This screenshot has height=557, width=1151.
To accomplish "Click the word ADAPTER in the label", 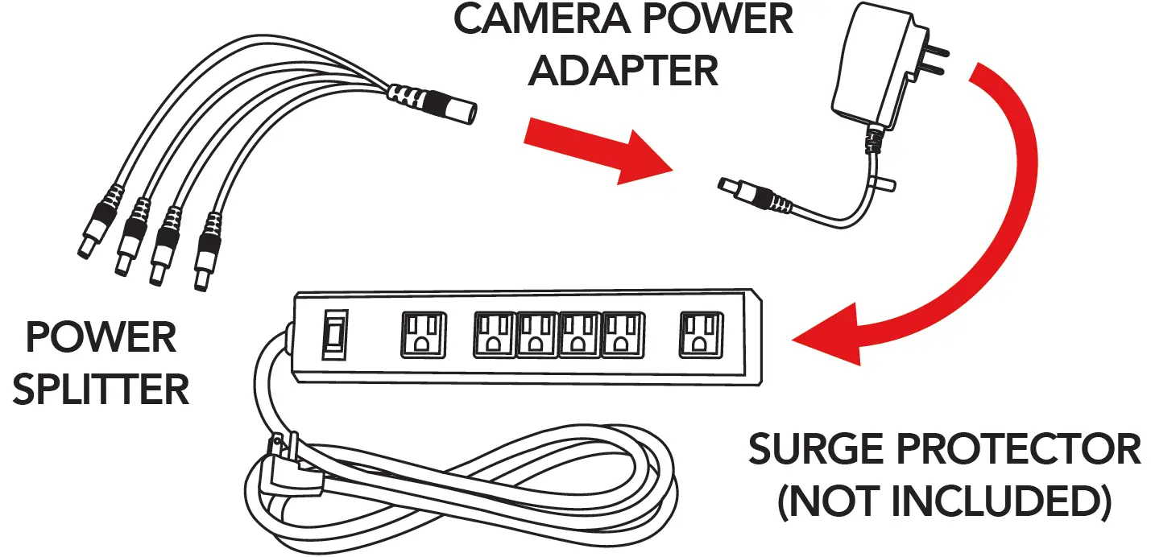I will tap(623, 71).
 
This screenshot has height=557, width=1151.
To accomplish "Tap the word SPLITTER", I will tap(101, 390).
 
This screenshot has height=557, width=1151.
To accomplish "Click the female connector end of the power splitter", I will tap(447, 107).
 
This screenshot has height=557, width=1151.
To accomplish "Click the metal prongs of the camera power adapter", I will tap(931, 58).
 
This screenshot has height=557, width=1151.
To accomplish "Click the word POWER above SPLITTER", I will tap(101, 337).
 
